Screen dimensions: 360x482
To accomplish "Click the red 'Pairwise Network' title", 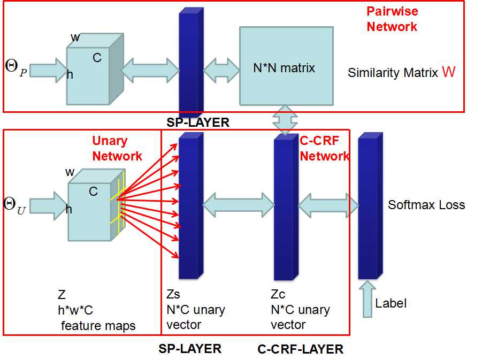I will click(x=392, y=19).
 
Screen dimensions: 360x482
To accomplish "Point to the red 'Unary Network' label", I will click(x=117, y=148).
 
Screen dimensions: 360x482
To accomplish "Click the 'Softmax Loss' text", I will click(x=426, y=205).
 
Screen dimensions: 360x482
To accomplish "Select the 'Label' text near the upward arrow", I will click(x=391, y=303).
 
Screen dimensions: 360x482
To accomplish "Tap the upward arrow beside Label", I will click(x=368, y=300).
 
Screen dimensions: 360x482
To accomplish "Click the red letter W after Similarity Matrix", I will click(x=448, y=72).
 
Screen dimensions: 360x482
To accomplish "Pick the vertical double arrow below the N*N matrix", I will click(x=284, y=119).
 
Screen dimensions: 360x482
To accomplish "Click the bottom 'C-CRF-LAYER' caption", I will click(x=300, y=349).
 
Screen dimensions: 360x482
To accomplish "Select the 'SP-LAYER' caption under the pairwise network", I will click(x=197, y=122).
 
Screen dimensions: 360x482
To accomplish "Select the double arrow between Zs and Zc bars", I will click(x=239, y=204).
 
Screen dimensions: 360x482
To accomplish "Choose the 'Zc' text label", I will click(x=278, y=295).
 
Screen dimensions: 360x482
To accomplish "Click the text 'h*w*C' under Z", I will click(x=75, y=310).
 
